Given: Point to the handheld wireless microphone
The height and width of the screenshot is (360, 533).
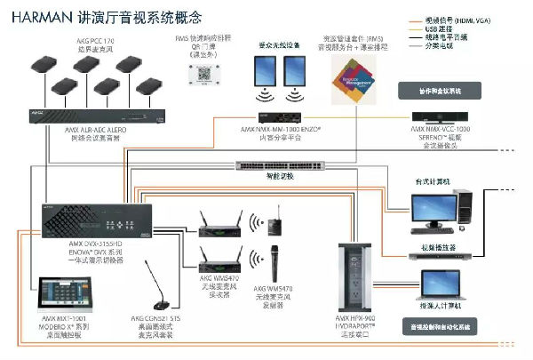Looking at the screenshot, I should tap(274, 263).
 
